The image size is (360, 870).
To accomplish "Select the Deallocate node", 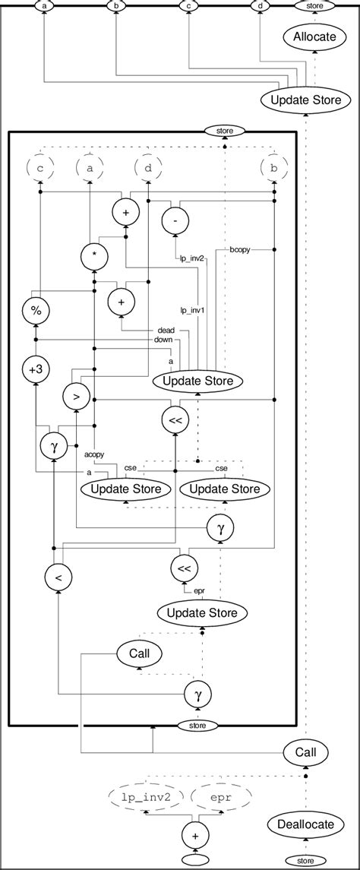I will click(x=305, y=824).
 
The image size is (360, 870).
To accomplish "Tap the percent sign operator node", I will click(x=33, y=311).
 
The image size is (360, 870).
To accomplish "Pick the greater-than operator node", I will click(x=75, y=397).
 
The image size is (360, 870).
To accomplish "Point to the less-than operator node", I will click(x=58, y=577).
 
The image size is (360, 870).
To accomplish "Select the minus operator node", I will click(x=175, y=220).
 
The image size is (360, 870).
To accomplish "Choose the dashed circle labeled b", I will click(x=273, y=165).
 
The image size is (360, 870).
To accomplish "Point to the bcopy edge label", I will click(x=241, y=249).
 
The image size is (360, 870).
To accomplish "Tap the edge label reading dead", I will click(x=166, y=331).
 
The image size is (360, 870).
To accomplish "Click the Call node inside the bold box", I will click(x=137, y=652).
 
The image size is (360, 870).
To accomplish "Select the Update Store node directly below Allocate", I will click(x=306, y=100).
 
